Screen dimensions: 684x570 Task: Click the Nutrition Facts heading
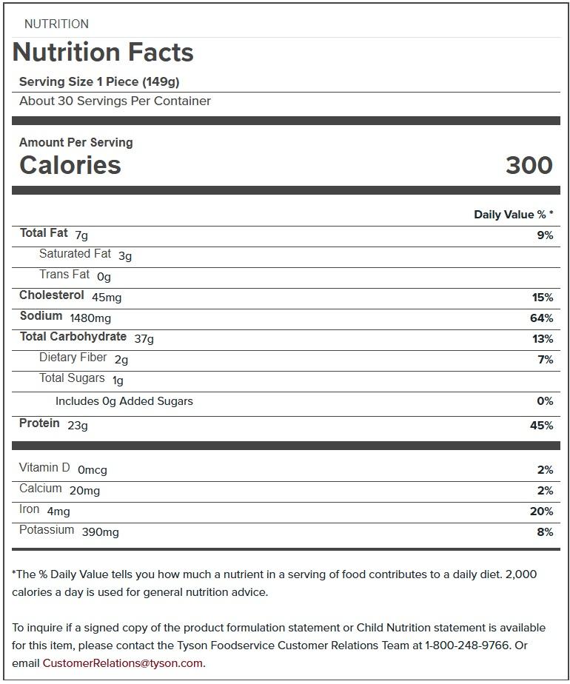tap(103, 53)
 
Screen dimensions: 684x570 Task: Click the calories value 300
tap(529, 165)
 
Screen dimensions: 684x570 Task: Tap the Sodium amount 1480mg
tap(90, 318)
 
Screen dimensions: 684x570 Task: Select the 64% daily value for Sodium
tap(542, 318)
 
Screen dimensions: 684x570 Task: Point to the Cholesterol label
tap(52, 295)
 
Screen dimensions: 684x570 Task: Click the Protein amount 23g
tap(78, 426)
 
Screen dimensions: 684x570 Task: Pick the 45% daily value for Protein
tap(542, 426)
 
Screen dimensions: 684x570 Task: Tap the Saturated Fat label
tap(75, 254)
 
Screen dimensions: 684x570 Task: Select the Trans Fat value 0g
tap(104, 277)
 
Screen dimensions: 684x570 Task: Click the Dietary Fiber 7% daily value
tap(545, 360)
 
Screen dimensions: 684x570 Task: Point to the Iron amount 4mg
tap(58, 512)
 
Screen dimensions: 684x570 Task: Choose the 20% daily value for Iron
tap(542, 512)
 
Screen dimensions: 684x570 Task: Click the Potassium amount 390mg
tap(100, 532)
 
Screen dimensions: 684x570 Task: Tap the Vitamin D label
tap(44, 468)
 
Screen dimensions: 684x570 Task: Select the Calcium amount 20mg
tap(84, 491)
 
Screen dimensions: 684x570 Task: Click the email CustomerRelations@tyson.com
tap(122, 663)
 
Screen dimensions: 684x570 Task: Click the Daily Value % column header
tap(513, 215)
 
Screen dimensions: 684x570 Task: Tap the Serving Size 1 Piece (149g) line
tap(99, 81)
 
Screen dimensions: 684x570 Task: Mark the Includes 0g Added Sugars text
tap(124, 401)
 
